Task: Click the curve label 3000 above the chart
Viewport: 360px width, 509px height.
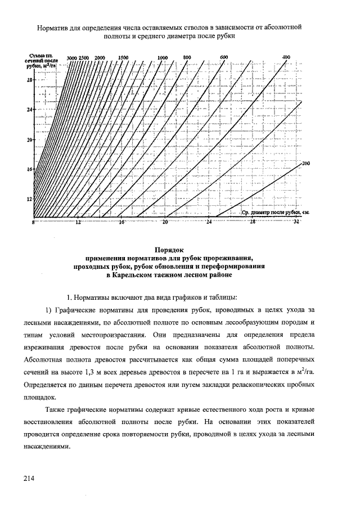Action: pyautogui.click(x=71, y=58)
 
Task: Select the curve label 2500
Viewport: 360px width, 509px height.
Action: pyautogui.click(x=84, y=58)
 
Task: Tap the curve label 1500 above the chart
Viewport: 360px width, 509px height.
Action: pyautogui.click(x=124, y=57)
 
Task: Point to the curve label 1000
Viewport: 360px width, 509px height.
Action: pyautogui.click(x=163, y=58)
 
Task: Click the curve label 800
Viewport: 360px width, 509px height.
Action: pyautogui.click(x=187, y=57)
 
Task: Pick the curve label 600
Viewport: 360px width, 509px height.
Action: pyautogui.click(x=223, y=57)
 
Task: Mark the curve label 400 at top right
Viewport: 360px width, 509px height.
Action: pyautogui.click(x=286, y=57)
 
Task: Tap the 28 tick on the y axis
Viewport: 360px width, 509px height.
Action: pyautogui.click(x=29, y=80)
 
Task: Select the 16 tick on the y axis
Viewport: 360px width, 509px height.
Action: pyautogui.click(x=29, y=169)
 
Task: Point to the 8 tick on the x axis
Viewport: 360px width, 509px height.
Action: pyautogui.click(x=33, y=223)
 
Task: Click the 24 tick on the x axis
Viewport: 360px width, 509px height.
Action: pyautogui.click(x=209, y=223)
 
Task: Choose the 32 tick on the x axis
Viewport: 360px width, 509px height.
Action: pyautogui.click(x=296, y=223)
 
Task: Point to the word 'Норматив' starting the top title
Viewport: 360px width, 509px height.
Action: pyautogui.click(x=53, y=26)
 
